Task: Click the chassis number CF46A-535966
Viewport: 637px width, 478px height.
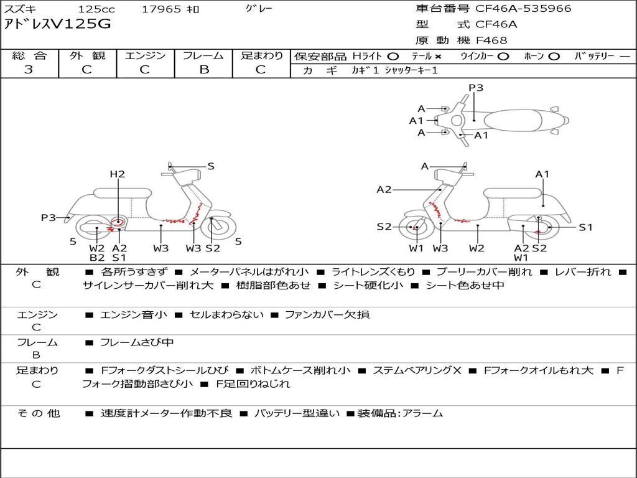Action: (523, 9)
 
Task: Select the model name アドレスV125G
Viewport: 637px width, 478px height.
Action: (57, 24)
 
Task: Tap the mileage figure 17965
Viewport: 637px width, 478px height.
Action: (161, 9)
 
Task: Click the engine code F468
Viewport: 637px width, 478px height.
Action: (491, 40)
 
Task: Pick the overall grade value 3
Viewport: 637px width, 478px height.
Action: (29, 70)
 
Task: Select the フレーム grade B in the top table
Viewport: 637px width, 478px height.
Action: (204, 70)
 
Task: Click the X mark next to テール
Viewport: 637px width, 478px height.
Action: (437, 57)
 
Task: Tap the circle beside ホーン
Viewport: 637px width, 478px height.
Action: (554, 57)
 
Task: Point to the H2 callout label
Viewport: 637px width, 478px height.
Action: (118, 174)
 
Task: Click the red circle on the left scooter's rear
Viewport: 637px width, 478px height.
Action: (118, 222)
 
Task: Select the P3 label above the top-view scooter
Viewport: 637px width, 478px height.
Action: (476, 88)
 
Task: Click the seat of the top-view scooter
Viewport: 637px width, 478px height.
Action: (513, 120)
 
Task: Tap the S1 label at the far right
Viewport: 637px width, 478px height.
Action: (585, 227)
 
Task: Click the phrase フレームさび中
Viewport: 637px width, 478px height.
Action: (137, 343)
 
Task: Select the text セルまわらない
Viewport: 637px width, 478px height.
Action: (226, 314)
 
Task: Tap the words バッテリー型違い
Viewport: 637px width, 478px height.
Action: (297, 413)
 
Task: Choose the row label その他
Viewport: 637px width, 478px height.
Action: (38, 413)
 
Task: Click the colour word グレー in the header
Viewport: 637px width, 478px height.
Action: (259, 9)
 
